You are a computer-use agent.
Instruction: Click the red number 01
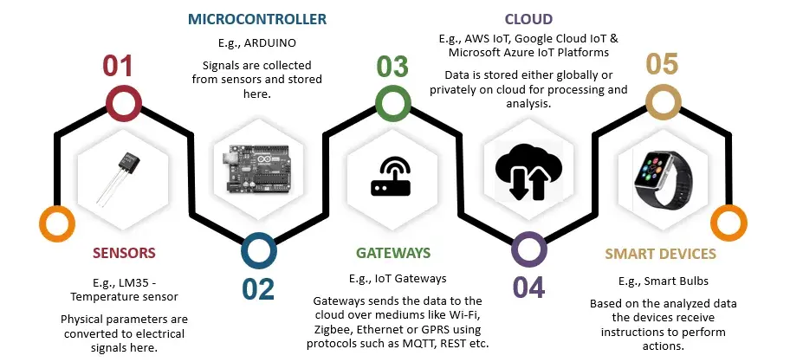(x=122, y=68)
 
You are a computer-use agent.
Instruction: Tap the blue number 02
(x=258, y=289)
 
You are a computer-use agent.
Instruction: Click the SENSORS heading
(x=124, y=253)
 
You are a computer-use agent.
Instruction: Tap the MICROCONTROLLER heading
(x=256, y=18)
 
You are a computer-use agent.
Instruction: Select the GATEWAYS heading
(x=392, y=253)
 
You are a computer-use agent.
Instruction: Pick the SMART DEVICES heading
(x=660, y=254)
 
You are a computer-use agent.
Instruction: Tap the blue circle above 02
(x=258, y=249)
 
